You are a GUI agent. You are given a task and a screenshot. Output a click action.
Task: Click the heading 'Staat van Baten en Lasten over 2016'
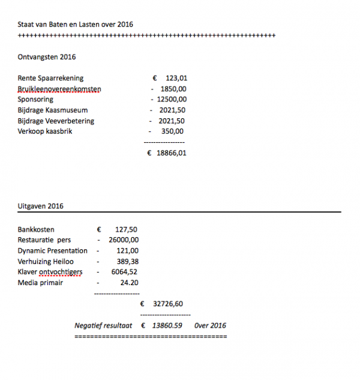click(x=76, y=25)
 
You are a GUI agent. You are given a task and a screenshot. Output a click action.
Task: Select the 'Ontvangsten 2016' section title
click(x=47, y=57)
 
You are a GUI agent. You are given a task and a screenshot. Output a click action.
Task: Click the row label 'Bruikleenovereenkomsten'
click(x=59, y=89)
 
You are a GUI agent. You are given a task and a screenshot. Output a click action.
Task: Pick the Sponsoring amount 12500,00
click(x=172, y=100)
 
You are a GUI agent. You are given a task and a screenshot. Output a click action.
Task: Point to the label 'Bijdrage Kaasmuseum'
click(x=53, y=110)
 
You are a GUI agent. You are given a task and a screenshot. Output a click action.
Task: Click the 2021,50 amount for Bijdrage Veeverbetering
click(x=172, y=121)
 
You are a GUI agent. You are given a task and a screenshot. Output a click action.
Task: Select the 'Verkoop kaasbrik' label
click(x=45, y=131)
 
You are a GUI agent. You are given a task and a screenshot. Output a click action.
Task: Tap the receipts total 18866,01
click(x=172, y=153)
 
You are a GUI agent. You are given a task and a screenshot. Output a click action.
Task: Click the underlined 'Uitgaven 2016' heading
click(x=41, y=206)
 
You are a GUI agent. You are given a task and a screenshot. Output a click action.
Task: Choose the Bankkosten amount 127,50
click(x=125, y=229)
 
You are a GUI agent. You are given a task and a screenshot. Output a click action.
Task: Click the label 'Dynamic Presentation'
click(x=53, y=251)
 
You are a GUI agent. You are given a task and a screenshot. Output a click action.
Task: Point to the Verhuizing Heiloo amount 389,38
click(x=128, y=262)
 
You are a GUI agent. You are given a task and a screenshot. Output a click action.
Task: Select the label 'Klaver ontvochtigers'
click(x=50, y=272)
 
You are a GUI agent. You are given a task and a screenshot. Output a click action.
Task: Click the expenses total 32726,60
click(x=168, y=304)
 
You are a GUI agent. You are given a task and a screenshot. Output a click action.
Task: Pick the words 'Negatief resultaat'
click(x=103, y=325)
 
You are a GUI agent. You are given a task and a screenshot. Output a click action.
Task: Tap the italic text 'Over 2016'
click(x=211, y=325)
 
